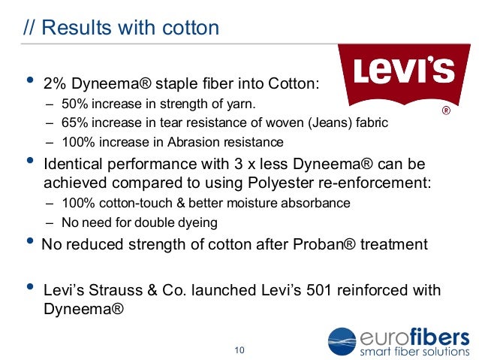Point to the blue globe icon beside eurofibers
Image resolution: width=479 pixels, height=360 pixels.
(343, 343)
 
